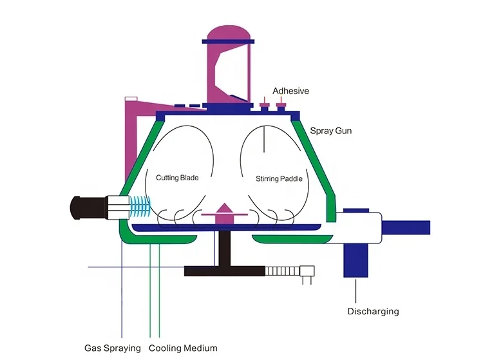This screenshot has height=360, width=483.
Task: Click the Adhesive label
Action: (290, 91)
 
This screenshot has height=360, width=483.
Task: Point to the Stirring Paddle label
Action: (279, 178)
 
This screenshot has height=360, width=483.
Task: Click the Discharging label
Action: (373, 311)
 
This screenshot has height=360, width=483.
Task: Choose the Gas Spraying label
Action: (113, 348)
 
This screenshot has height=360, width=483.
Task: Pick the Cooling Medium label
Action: (183, 348)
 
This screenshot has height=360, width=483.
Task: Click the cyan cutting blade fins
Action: (140, 207)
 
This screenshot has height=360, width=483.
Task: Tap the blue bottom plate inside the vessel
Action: (225, 227)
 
